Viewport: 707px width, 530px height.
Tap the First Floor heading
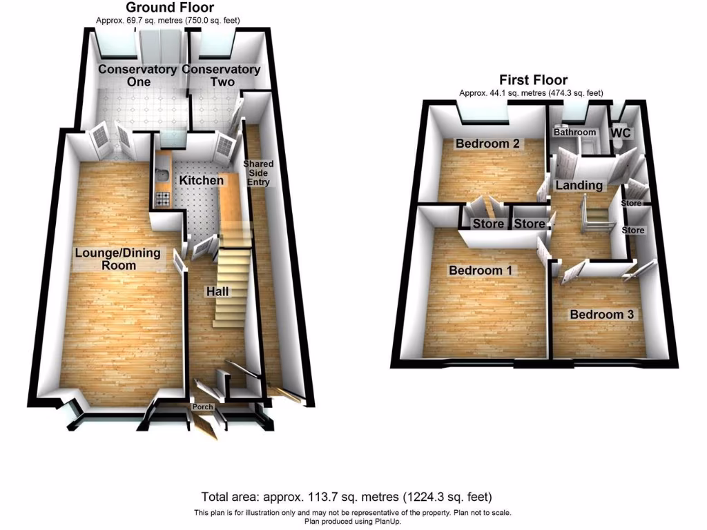coord(534,81)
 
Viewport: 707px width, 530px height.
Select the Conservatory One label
coord(137,75)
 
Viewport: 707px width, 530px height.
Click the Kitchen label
coord(202,181)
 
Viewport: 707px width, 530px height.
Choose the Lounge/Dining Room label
coord(117,259)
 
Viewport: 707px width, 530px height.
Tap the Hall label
coord(217,292)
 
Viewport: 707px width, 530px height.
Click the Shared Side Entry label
coord(260,173)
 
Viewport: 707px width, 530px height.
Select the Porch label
coord(203,407)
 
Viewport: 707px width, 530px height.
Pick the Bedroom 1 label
coord(480,271)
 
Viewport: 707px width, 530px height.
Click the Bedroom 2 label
coord(487,144)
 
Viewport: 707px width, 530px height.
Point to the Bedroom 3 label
coord(601,315)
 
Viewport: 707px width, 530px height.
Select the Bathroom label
coord(576,132)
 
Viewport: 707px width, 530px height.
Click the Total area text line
coord(347,497)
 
